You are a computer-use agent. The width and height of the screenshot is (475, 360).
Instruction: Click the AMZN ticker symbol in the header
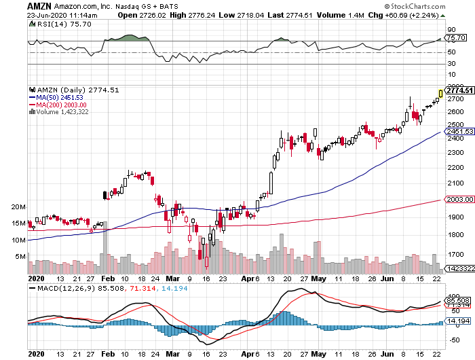pos(39,5)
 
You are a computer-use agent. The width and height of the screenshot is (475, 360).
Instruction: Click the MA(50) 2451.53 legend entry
pos(56,97)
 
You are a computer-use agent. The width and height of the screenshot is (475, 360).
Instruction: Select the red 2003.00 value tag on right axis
pos(457,199)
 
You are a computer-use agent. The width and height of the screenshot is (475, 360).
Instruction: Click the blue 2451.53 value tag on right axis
pos(457,131)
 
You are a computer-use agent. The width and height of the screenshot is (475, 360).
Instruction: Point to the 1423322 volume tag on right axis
pos(458,269)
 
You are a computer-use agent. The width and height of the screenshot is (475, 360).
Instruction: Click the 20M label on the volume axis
pos(18,206)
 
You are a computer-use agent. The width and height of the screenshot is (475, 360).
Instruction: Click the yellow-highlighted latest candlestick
pos(441,93)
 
